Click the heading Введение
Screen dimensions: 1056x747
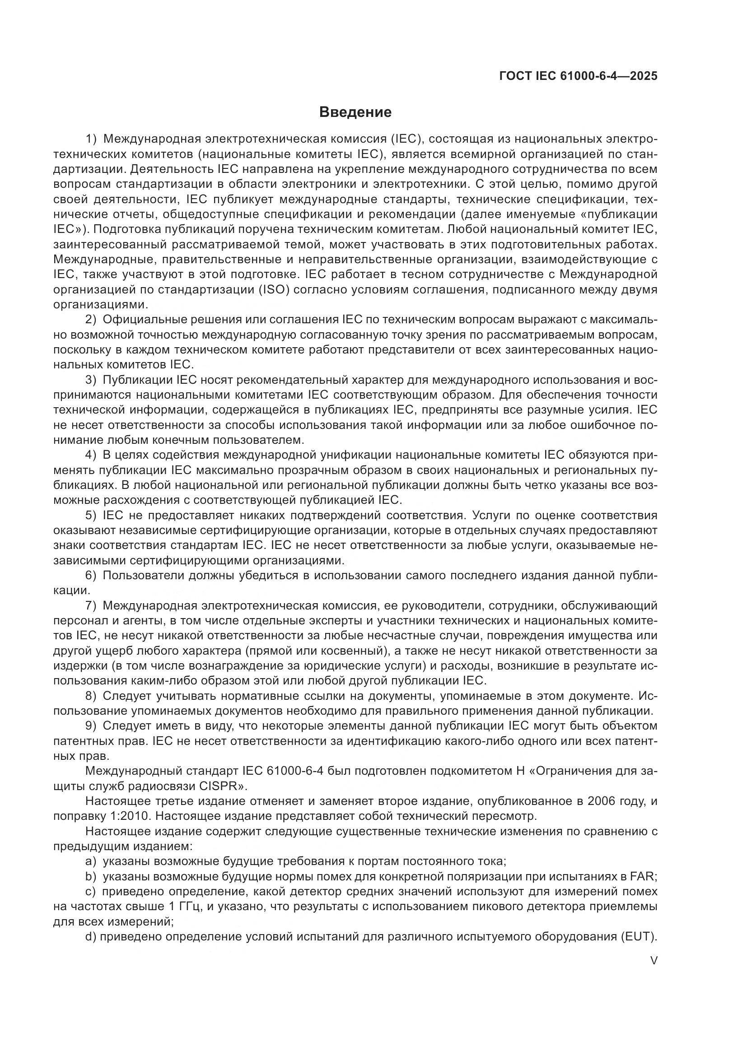[x=355, y=112]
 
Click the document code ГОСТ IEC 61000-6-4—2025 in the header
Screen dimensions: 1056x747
[x=578, y=76]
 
